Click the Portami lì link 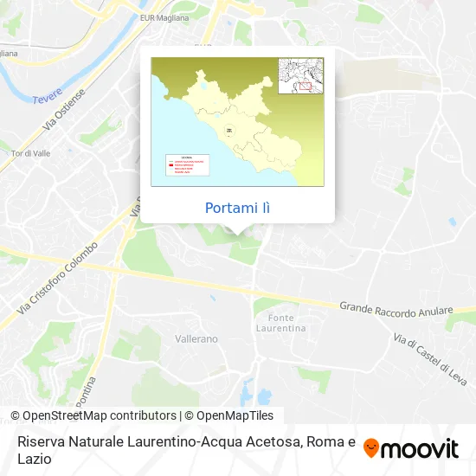[x=237, y=209]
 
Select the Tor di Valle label [x=29, y=154]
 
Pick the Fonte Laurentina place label [x=280, y=324]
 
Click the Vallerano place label [x=196, y=338]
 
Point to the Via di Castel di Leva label [x=430, y=360]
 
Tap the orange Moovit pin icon [x=371, y=448]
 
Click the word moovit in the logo [x=421, y=448]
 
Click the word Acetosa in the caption [x=269, y=441]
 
